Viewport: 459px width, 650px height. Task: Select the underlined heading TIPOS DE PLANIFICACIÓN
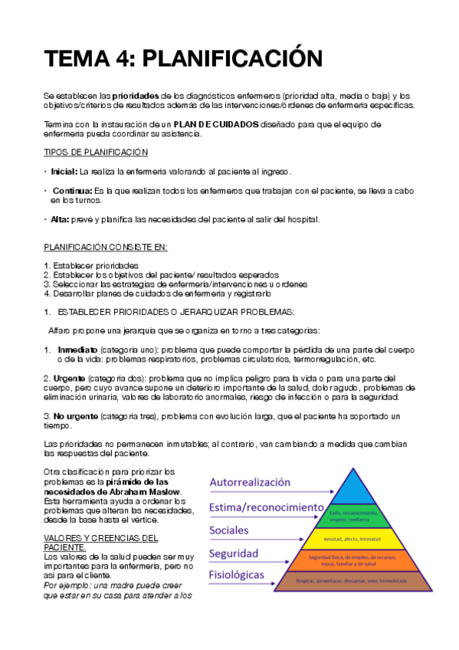[96, 153]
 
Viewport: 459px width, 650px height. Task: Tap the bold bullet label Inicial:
[64, 171]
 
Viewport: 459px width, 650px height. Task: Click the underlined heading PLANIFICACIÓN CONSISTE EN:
[105, 248]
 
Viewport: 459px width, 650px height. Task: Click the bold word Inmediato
[77, 350]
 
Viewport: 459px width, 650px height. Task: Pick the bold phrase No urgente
[75, 415]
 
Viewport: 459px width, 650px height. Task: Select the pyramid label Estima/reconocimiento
[265, 507]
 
